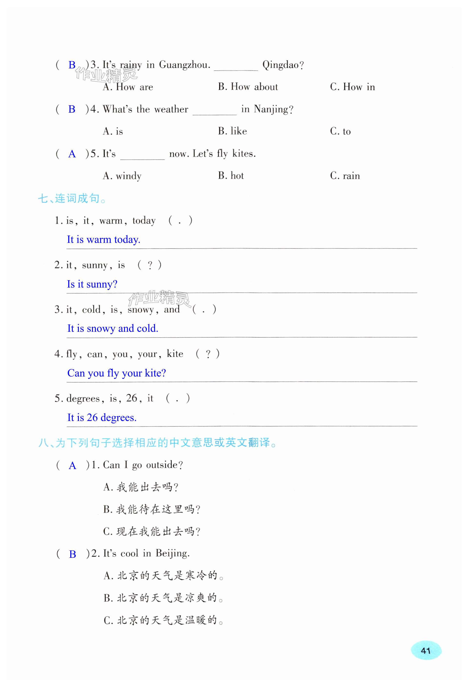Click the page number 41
click(x=426, y=651)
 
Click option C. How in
click(x=352, y=87)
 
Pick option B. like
click(x=233, y=131)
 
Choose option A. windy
click(x=122, y=176)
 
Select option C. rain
click(x=345, y=176)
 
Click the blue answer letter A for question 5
click(x=72, y=154)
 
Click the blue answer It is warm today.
click(x=103, y=239)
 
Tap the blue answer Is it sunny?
click(x=92, y=284)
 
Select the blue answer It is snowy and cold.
click(x=112, y=328)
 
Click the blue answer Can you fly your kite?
click(x=116, y=373)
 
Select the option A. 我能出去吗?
click(x=141, y=487)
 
